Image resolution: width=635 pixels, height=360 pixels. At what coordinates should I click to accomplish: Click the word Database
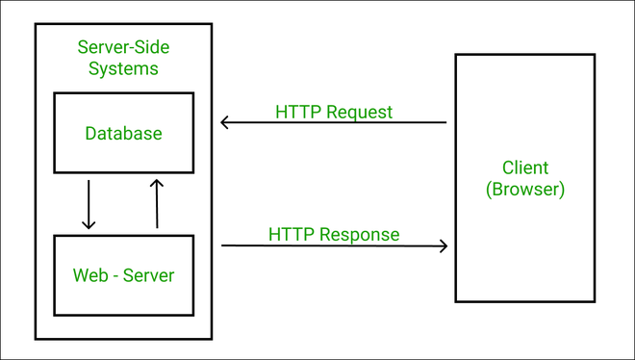tap(123, 133)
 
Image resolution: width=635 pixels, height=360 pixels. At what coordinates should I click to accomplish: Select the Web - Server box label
tap(123, 275)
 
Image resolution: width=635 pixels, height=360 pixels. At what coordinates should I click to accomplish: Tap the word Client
tap(525, 167)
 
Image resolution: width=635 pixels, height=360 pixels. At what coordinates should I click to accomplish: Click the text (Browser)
tap(525, 189)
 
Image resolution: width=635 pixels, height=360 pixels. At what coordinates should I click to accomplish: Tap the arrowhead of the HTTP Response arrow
tap(444, 245)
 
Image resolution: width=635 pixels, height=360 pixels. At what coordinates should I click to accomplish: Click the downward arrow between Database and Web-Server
tap(89, 203)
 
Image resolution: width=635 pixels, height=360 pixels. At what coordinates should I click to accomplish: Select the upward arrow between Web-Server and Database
tap(157, 203)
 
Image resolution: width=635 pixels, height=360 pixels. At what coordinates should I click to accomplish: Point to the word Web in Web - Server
tap(89, 275)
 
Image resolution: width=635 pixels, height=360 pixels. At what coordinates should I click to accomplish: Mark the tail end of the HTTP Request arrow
tap(445, 122)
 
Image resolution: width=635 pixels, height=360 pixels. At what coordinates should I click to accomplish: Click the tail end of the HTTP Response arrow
tap(223, 245)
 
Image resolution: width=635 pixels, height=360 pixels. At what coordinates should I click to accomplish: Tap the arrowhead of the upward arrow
tap(157, 182)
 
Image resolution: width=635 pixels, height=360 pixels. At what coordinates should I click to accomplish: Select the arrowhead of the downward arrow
tap(89, 225)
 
